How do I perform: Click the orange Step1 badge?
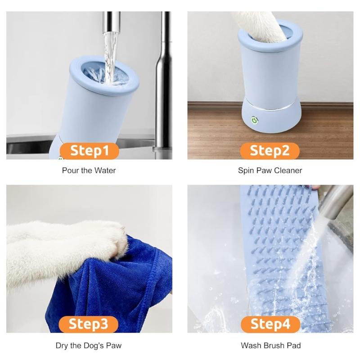[x=90, y=151]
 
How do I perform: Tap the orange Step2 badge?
[x=270, y=151]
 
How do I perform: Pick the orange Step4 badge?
[x=270, y=324]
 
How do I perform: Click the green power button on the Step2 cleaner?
[x=254, y=120]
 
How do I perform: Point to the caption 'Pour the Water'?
[x=89, y=171]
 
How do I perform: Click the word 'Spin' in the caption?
[x=246, y=171]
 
